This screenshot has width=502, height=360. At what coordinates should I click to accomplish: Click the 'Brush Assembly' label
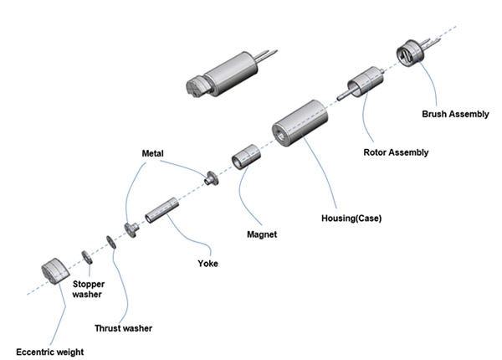455,114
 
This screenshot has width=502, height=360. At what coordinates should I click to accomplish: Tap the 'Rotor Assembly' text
396,152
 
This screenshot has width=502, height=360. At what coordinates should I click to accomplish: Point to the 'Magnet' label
262,234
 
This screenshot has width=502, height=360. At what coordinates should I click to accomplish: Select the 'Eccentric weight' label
49,351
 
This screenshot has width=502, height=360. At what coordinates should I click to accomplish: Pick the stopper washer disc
86,255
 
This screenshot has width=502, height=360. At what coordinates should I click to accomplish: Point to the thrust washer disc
110,243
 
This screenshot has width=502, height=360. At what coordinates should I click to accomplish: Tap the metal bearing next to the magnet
210,177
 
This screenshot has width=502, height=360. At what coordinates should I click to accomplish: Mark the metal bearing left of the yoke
131,229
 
